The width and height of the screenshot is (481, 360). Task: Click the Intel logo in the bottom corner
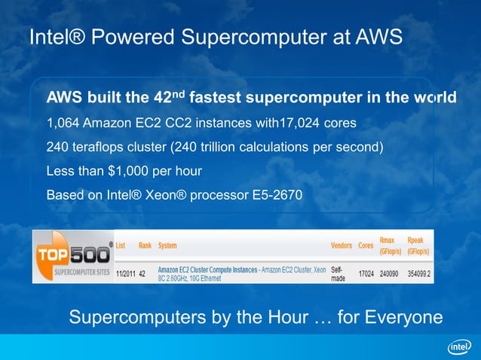(459, 346)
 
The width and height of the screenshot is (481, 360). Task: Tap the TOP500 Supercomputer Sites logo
(73, 257)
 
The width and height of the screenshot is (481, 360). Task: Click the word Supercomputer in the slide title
(249, 37)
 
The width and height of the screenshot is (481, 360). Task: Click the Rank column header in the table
(145, 246)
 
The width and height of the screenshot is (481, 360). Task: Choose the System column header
(167, 246)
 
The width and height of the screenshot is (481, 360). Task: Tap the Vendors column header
(342, 246)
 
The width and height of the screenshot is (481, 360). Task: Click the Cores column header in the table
(366, 246)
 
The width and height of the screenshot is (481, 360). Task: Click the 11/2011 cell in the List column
(125, 274)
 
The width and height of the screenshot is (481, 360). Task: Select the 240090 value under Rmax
(390, 274)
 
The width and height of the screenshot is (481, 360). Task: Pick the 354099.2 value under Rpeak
(418, 274)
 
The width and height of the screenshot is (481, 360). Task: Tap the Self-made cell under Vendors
(339, 274)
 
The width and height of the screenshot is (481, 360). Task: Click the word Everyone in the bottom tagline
(402, 317)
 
